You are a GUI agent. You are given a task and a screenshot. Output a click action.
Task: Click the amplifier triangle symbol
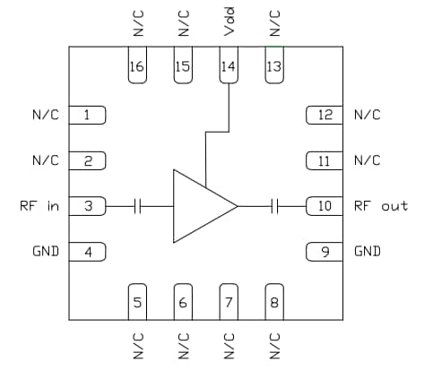199,206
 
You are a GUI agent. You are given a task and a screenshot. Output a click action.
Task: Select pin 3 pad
88,206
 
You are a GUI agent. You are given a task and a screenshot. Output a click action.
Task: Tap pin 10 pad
325,206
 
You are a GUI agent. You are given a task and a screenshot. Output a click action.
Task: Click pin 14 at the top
229,68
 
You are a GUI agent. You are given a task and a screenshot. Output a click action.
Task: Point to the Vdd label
229,26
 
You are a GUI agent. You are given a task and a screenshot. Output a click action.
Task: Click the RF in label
39,206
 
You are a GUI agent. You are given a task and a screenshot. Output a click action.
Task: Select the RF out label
381,206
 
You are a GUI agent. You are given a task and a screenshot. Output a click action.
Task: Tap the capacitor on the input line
137,206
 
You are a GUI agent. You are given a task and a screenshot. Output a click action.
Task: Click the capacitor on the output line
276,206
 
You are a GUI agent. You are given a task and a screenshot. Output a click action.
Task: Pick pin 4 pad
88,251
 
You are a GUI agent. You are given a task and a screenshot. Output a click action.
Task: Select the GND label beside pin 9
368,251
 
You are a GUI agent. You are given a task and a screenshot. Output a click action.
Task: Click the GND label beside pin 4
45,251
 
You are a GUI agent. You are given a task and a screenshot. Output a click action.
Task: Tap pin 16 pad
137,68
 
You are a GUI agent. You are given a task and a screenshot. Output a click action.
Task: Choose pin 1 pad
88,115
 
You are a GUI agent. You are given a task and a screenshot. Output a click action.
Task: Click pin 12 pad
325,115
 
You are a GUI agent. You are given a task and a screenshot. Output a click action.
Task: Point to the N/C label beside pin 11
368,160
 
